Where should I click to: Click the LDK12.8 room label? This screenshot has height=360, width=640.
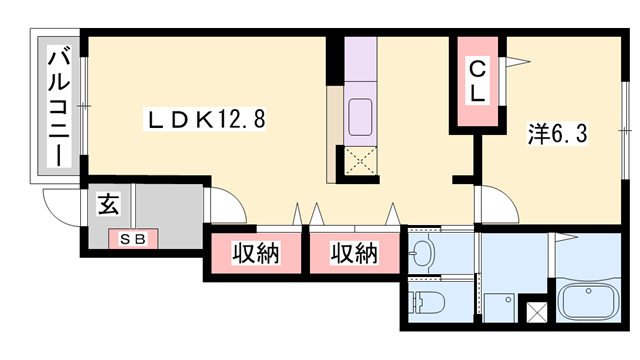(204, 119)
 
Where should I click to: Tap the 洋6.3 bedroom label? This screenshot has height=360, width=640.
(558, 133)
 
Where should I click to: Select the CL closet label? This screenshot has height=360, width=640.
(477, 81)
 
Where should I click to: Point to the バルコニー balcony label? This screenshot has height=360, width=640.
(59, 107)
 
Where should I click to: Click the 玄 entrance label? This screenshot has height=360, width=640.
(109, 204)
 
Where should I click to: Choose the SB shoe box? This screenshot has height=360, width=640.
(133, 239)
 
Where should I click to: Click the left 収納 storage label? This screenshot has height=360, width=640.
(256, 253)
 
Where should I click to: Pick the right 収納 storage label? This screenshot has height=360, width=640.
(354, 253)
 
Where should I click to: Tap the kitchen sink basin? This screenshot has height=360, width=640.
(360, 117)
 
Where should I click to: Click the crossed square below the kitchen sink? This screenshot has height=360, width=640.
(360, 161)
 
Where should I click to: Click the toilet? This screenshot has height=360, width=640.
(427, 302)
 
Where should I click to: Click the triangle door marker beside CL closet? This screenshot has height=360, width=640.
(518, 62)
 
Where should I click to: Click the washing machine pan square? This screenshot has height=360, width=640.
(500, 307)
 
